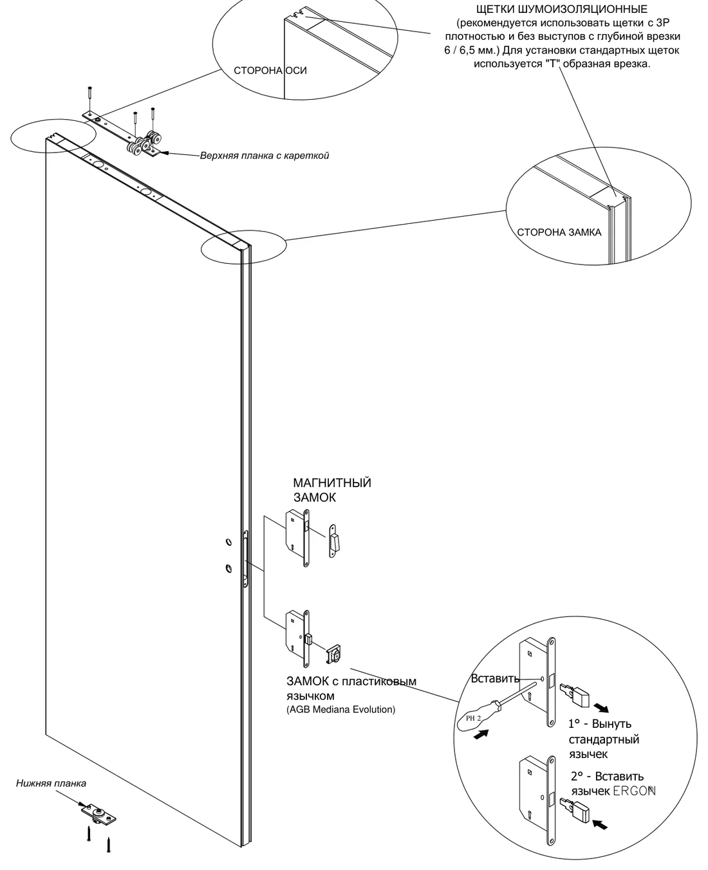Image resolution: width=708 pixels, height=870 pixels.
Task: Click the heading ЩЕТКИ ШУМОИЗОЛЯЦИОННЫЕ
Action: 562,9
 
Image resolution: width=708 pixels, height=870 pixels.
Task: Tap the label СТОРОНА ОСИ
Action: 270,71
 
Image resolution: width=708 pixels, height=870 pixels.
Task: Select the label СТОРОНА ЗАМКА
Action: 559,232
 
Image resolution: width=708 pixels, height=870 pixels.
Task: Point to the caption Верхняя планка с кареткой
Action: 265,156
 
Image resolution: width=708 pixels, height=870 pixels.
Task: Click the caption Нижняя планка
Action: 51,783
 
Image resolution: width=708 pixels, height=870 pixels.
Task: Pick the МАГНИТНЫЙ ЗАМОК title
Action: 331,490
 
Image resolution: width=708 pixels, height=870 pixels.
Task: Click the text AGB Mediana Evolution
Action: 340,710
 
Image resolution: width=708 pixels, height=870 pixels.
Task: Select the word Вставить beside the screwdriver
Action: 495,678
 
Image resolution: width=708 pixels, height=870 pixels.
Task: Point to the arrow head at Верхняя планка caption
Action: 165,153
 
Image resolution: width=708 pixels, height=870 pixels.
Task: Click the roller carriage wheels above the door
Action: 144,143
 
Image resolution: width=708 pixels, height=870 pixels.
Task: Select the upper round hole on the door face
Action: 228,542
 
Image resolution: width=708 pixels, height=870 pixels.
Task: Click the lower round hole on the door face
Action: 228,568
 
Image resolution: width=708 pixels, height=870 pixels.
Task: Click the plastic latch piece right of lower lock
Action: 335,654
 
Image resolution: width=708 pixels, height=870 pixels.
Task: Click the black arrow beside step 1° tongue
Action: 601,708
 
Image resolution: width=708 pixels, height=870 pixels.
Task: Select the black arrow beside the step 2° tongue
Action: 599,825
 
